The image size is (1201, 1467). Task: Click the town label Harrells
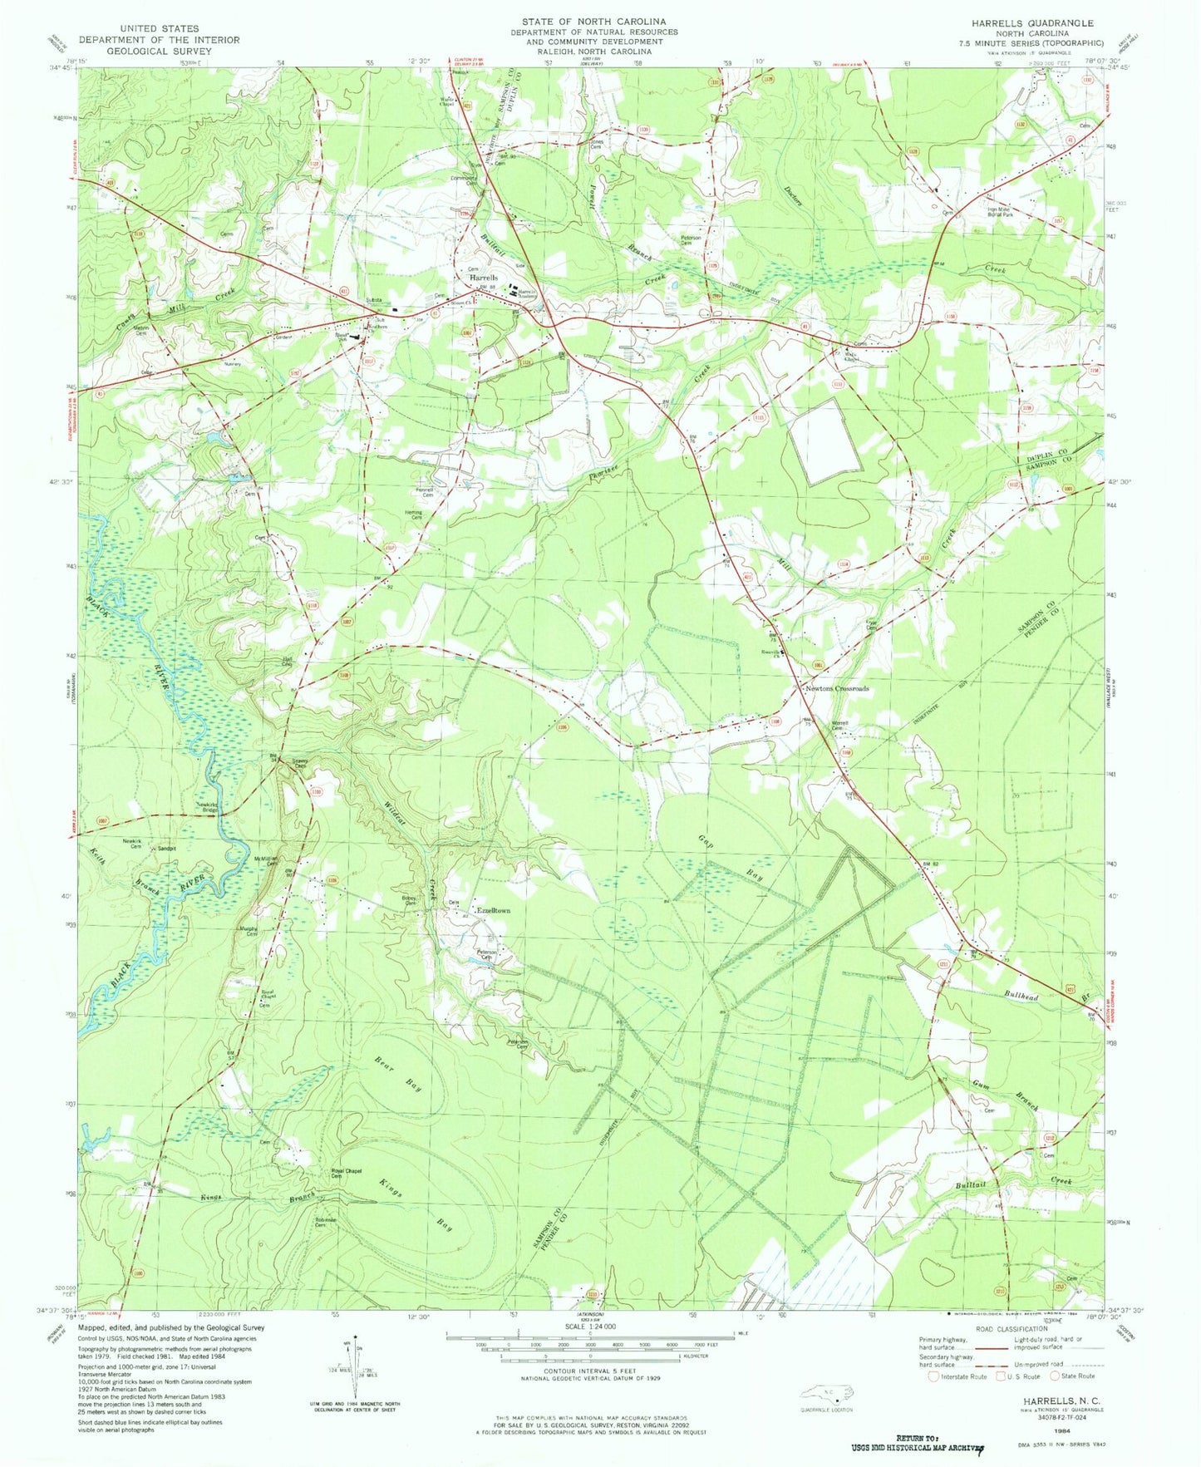click(484, 278)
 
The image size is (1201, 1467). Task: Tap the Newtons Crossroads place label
click(836, 689)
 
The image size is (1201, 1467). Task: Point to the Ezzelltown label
click(492, 911)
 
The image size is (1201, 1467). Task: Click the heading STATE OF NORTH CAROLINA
click(593, 22)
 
